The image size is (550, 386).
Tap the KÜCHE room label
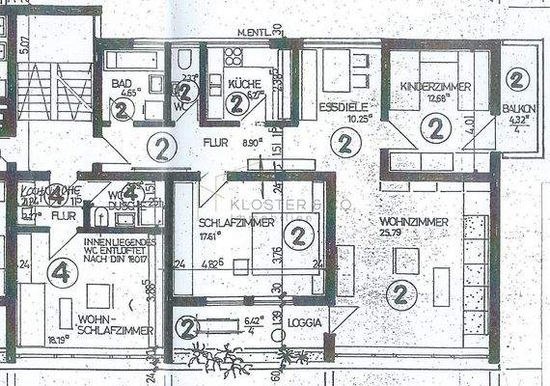(240, 84)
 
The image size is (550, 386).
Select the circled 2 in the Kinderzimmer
(434, 125)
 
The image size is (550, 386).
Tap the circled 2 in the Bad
(122, 109)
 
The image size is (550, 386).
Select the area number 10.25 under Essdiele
(332, 118)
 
